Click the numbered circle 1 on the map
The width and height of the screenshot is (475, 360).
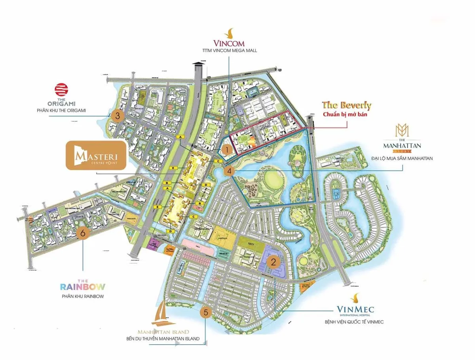[x=226, y=150]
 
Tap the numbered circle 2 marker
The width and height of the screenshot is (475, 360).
[x=274, y=261]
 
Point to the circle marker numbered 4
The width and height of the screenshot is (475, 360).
[x=229, y=171]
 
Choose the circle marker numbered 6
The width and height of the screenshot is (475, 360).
[x=83, y=233]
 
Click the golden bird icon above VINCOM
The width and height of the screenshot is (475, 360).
[x=229, y=32]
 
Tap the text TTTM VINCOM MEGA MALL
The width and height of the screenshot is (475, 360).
[x=229, y=51]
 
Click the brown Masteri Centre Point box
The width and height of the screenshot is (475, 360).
[x=96, y=155]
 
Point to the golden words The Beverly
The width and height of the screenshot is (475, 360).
[x=347, y=105]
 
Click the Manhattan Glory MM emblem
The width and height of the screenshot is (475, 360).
[x=401, y=130]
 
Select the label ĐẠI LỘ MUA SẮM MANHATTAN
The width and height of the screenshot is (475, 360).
[x=402, y=158]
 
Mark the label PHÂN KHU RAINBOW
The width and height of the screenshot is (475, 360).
[x=83, y=296]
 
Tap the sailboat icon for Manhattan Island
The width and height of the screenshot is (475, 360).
[x=163, y=312]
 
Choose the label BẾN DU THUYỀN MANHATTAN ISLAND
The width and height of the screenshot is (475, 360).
[x=163, y=339]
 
